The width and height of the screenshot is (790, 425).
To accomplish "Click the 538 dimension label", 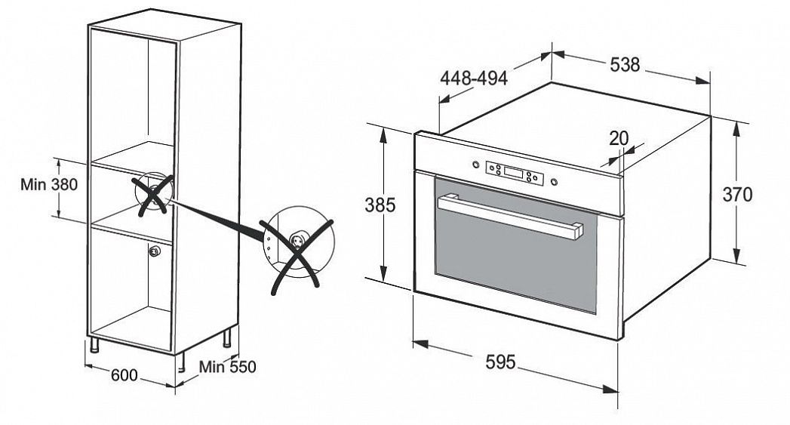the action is coord(625,64).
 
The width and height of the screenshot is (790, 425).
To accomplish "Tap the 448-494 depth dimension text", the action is coord(474,79).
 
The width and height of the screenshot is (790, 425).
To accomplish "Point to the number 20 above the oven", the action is coord(619,138).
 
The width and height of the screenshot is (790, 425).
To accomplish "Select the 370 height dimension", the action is coord(737,194).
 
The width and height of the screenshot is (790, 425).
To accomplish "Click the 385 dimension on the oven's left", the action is coord(380,205).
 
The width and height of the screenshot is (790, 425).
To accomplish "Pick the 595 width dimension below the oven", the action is coord(501,362).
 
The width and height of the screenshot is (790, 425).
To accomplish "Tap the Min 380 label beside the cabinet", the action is coord(49,184).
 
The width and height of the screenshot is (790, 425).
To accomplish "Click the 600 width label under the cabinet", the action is coord(124,375).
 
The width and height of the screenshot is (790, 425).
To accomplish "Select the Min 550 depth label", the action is coord(227,367).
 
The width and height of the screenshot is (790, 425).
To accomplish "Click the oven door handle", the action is coord(510,217).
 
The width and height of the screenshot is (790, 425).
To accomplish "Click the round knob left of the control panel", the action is coord(475,164).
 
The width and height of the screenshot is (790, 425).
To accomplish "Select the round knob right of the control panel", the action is coord(555,181).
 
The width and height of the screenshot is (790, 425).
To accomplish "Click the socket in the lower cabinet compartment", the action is coord(154,251).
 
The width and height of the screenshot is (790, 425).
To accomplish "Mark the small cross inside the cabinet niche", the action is coord(152,194).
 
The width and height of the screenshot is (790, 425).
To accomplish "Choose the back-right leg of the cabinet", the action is coord(226,337).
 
